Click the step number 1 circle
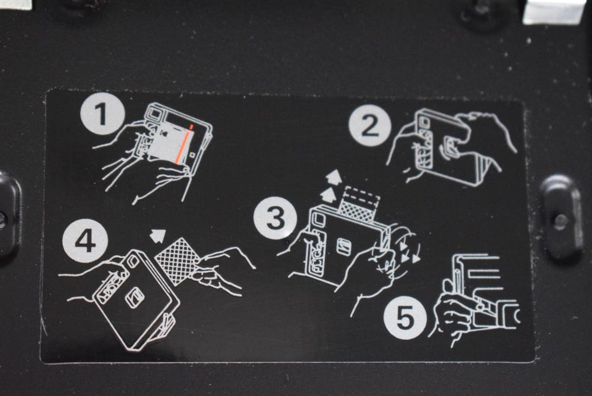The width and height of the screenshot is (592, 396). pos(102,114)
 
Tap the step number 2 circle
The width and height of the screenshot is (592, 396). pos(369,126)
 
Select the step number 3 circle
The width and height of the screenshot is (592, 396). pos(275,218)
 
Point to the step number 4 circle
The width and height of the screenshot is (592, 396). pos(86,241)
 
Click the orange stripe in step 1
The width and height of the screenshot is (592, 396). pos(184,145)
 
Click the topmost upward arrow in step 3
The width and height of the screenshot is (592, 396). pos(334,177)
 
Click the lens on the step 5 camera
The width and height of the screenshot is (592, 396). pos(512,315)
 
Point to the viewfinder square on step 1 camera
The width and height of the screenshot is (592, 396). pos(154,112)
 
